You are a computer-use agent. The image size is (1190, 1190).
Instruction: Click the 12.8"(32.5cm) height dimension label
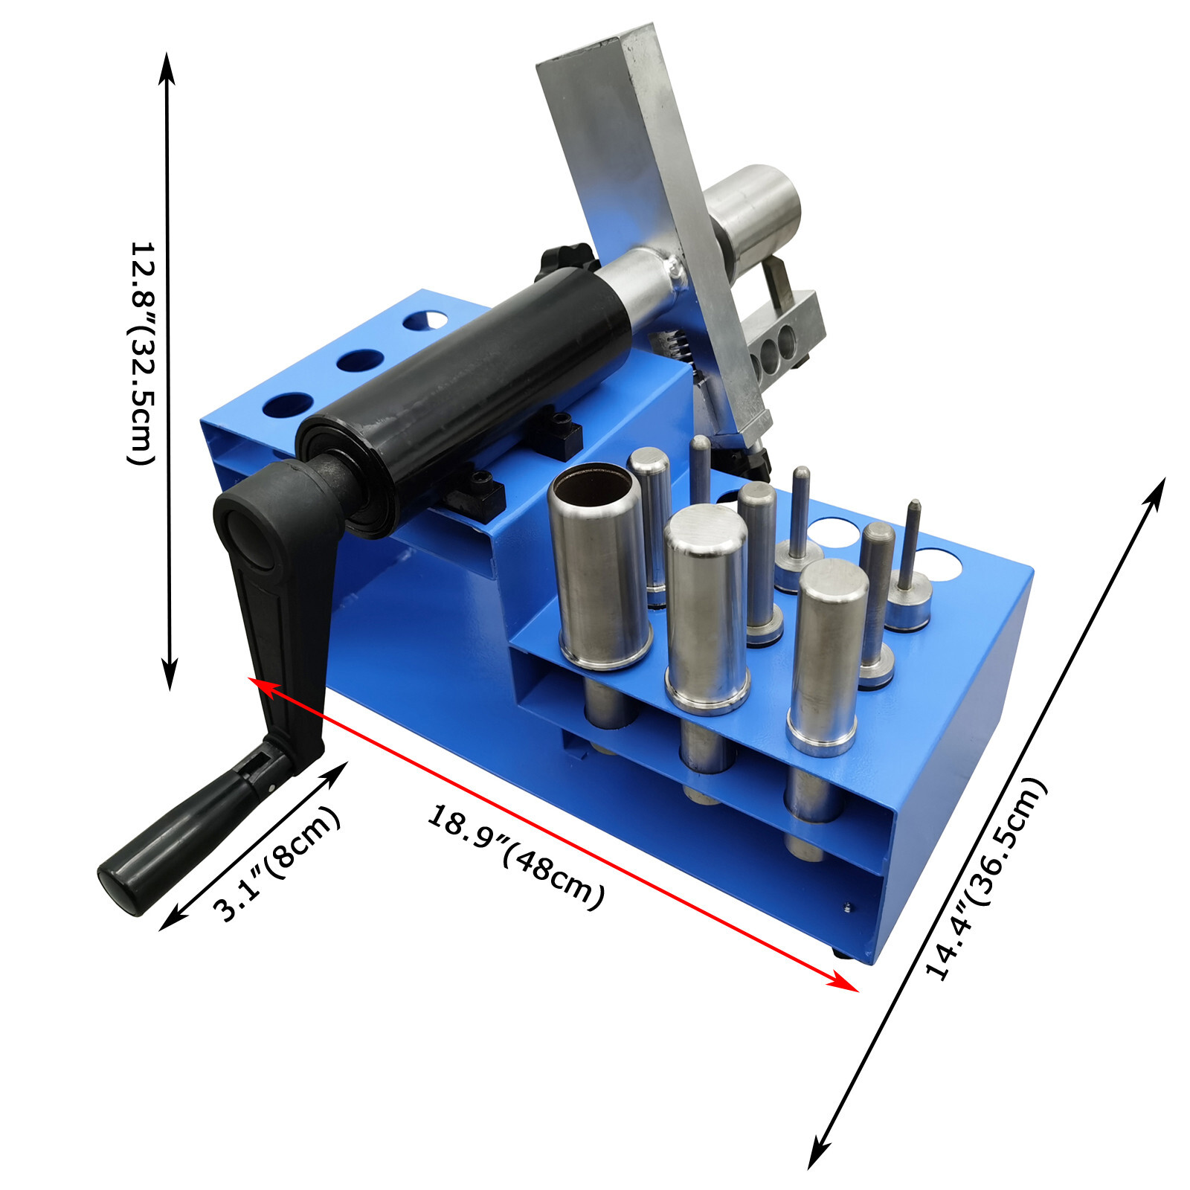point(141,353)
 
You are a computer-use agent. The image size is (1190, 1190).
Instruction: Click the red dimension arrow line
point(553,834)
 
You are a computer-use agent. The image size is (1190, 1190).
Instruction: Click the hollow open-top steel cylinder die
point(599,565)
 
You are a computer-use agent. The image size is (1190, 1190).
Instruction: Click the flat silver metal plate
point(651,231)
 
